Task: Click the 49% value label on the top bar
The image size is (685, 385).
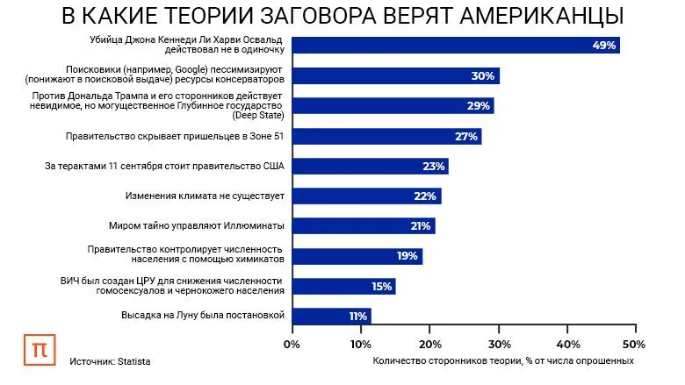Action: [x=605, y=46]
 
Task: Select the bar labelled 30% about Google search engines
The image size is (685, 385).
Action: [x=395, y=76]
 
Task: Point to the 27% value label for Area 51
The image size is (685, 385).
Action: [x=465, y=136]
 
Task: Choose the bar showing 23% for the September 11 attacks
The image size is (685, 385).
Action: [x=370, y=166]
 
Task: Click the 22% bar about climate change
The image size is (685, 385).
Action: [x=365, y=196]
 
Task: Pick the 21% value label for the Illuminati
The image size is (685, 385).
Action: [x=419, y=226]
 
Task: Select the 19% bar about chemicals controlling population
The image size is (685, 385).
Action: [x=357, y=256]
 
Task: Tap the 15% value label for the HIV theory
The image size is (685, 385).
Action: [x=381, y=286]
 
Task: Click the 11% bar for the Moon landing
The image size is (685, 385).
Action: [x=330, y=316]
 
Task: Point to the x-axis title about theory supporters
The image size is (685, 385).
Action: [x=502, y=360]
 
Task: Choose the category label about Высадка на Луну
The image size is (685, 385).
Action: [x=203, y=316]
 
